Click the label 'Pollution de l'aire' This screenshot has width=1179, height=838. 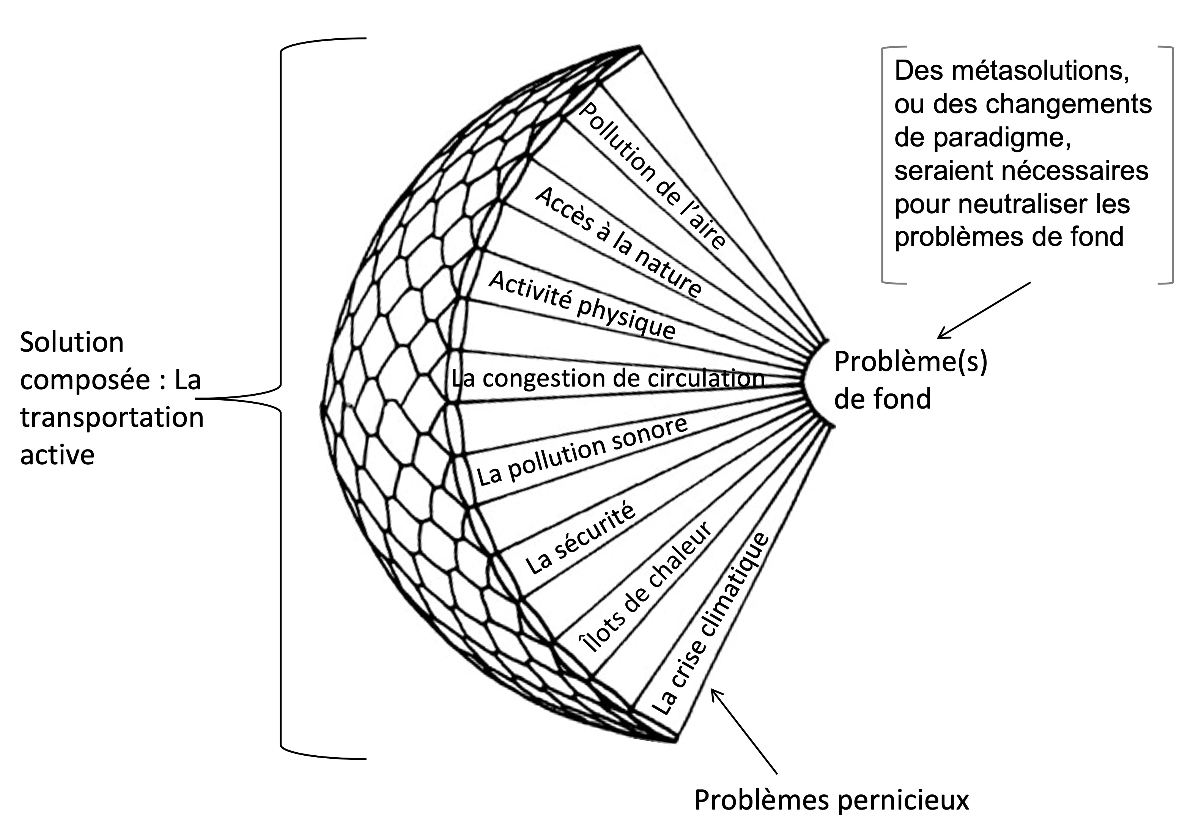point(652,175)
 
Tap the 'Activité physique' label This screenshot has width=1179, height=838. point(582,305)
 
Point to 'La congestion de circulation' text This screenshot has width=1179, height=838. point(608,378)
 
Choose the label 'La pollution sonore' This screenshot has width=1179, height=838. point(582,451)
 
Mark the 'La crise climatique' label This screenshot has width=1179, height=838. point(710,624)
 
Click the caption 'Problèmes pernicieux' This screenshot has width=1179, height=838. point(831,799)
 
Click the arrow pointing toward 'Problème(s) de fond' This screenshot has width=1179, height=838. point(983,310)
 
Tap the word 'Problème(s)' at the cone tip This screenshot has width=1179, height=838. point(910,362)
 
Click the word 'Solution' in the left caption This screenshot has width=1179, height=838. point(72,342)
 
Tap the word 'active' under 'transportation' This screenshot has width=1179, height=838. point(57,454)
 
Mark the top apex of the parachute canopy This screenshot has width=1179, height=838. point(639,47)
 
